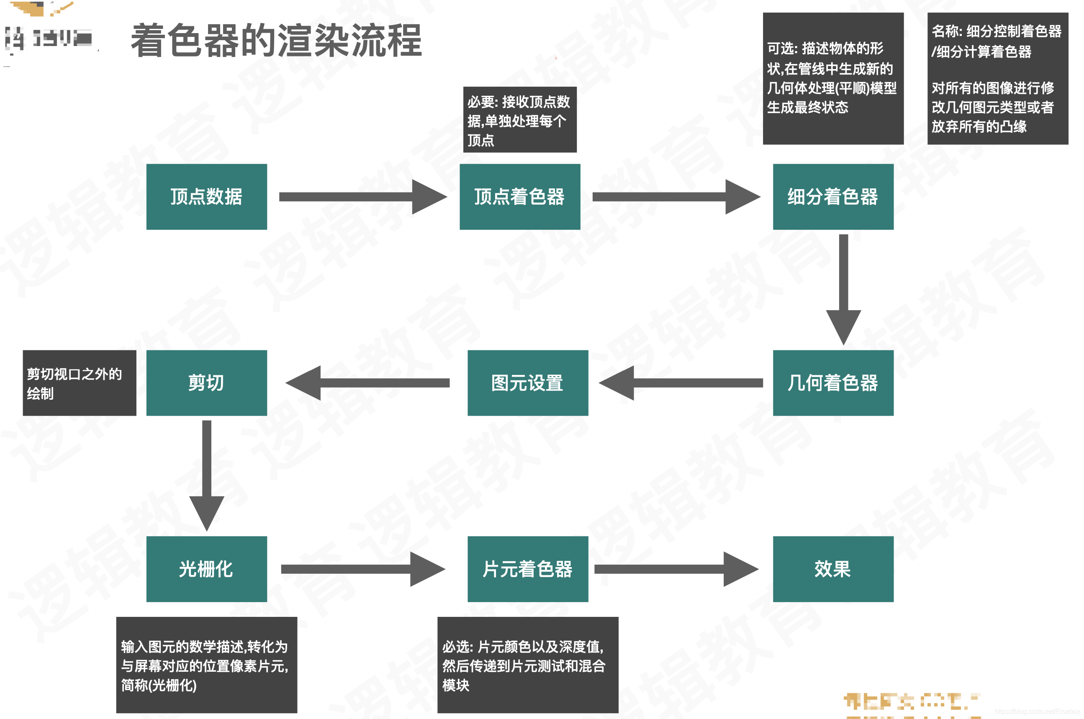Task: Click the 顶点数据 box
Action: (x=206, y=197)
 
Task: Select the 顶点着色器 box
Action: (x=519, y=197)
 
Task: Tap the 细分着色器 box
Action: (x=833, y=197)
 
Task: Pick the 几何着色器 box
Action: (x=833, y=383)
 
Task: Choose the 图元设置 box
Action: (x=527, y=383)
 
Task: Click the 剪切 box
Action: (x=206, y=383)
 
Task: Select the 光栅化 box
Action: (x=206, y=569)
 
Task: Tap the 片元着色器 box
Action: (x=527, y=569)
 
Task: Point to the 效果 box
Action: (x=833, y=569)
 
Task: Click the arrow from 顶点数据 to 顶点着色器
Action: (x=362, y=197)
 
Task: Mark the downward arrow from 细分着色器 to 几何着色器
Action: (x=843, y=289)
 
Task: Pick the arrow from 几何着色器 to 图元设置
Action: (x=681, y=383)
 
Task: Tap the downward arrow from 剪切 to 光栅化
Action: (x=207, y=475)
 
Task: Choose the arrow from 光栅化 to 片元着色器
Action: (x=362, y=569)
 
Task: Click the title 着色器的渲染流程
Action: (x=276, y=41)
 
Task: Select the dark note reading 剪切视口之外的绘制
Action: (x=80, y=383)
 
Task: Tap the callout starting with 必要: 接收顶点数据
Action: (x=519, y=120)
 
